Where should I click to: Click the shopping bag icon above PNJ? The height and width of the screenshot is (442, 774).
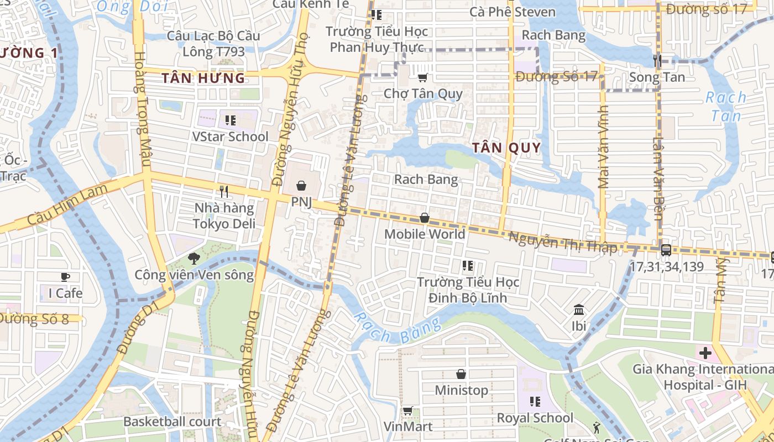[301, 186]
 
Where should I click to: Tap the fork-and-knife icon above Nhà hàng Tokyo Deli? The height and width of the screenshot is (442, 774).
[224, 192]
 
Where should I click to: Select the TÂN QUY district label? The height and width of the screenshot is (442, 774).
[506, 148]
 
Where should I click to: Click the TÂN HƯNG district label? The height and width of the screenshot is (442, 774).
[203, 78]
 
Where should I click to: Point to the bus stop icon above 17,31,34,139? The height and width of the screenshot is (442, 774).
[666, 250]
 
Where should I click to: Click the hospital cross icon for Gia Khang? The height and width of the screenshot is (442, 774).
[705, 352]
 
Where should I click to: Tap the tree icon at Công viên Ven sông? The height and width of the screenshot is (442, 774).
[193, 257]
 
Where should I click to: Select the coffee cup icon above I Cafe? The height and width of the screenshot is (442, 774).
[65, 277]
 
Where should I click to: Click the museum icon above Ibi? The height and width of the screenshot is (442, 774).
[579, 309]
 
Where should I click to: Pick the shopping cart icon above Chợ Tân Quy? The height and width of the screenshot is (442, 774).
[423, 78]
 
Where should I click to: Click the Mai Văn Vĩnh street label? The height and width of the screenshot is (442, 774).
[603, 148]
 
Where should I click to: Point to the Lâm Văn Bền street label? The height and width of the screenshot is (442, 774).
[658, 178]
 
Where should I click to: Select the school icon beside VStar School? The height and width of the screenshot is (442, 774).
[231, 120]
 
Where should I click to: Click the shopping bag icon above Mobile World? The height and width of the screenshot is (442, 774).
[424, 218]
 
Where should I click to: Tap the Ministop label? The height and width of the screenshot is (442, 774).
[461, 390]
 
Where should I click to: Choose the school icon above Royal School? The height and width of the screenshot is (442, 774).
[535, 402]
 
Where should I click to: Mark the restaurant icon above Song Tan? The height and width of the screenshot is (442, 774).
[657, 61]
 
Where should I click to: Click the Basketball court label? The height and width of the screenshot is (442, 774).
[172, 422]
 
